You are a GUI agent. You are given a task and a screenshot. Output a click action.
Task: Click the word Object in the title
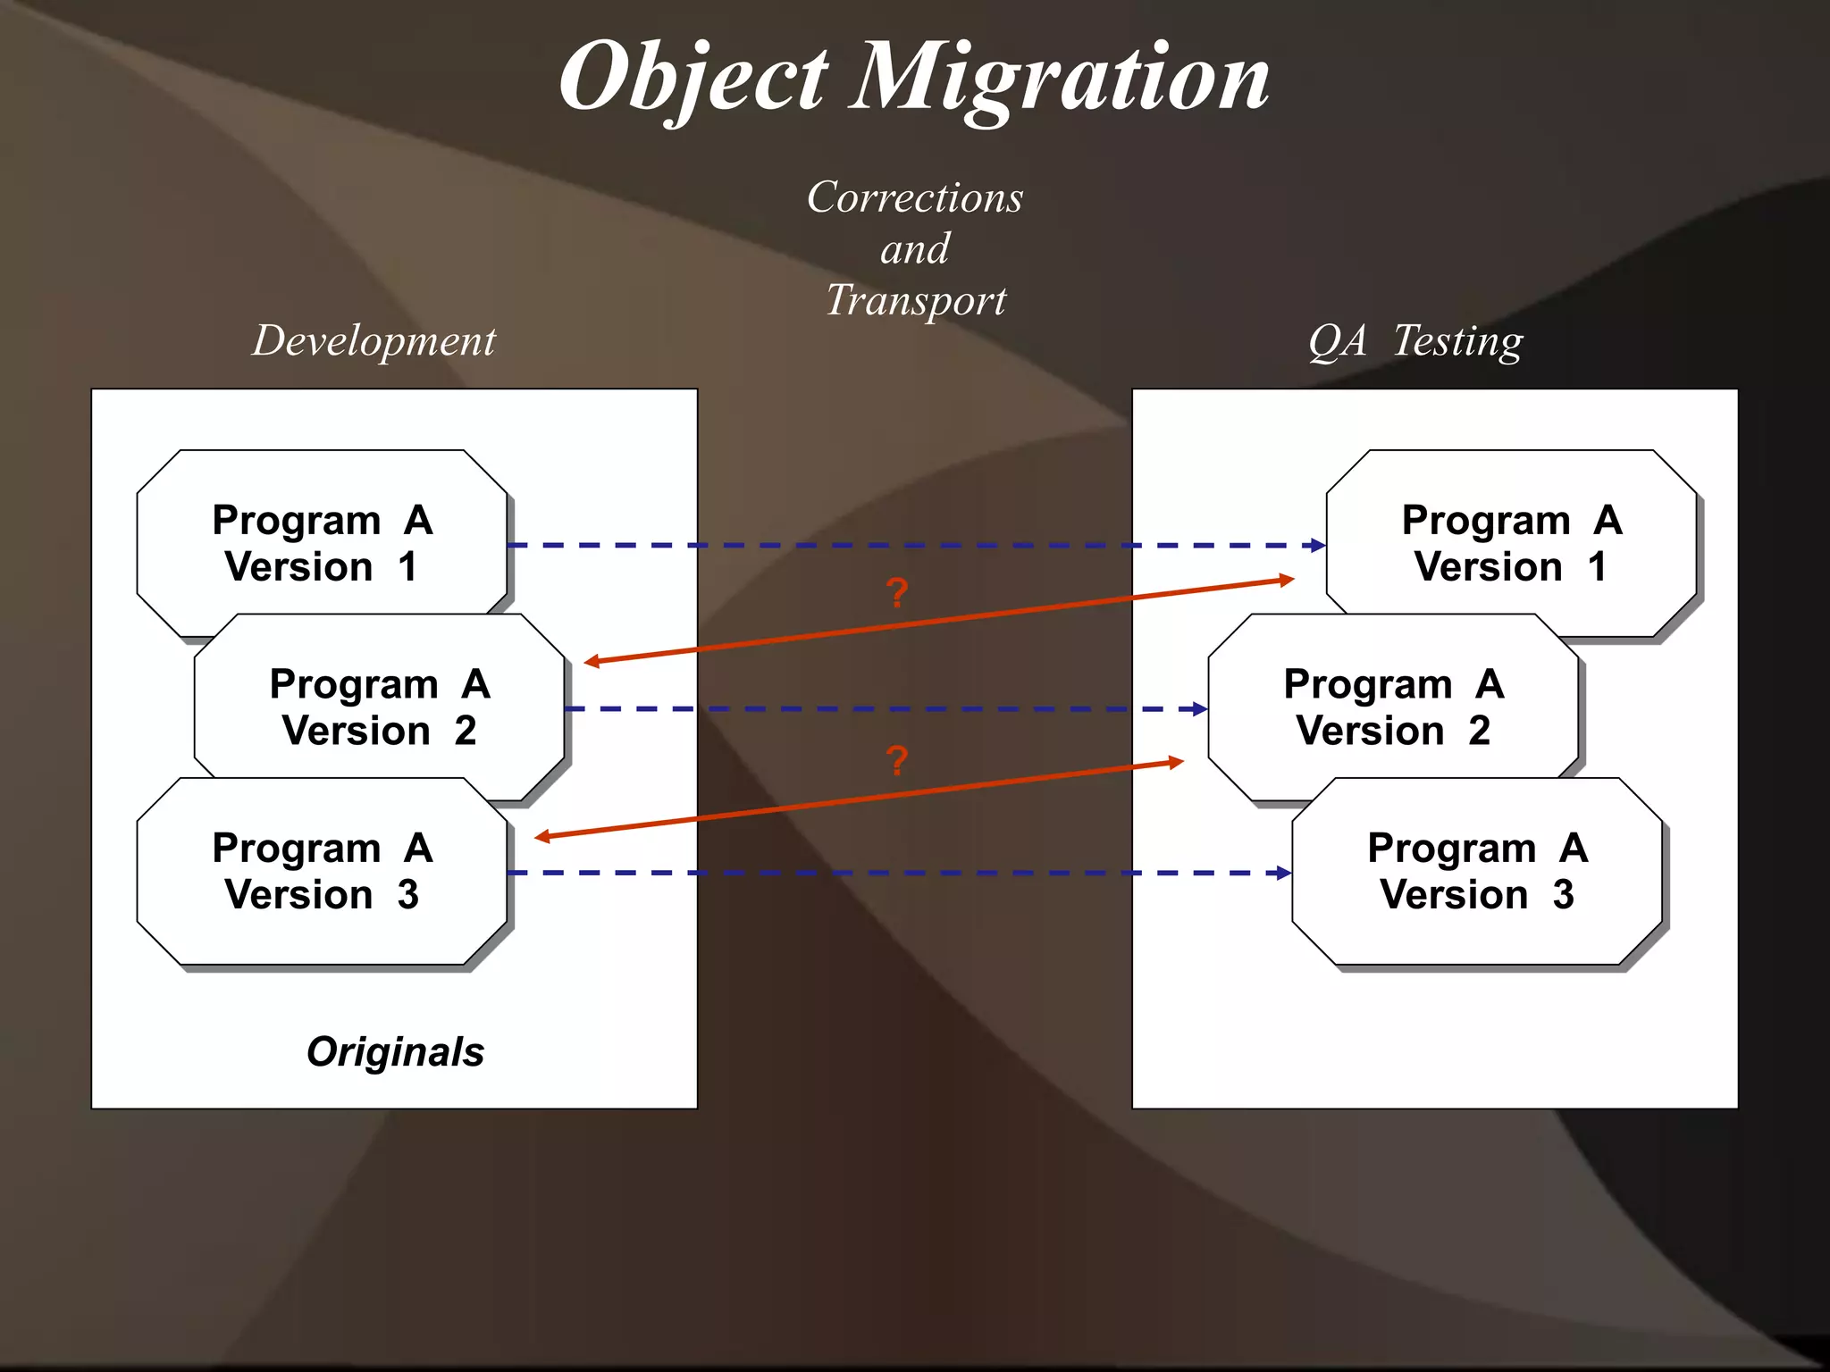(x=694, y=79)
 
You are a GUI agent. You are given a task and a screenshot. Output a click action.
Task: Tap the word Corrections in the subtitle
(x=915, y=197)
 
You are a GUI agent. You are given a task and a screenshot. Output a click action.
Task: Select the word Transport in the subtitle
(x=915, y=300)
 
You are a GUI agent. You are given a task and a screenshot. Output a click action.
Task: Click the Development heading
(x=374, y=341)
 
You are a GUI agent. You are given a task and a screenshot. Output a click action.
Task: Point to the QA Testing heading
(x=1415, y=341)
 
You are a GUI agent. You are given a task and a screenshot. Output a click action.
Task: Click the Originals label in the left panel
(x=395, y=1051)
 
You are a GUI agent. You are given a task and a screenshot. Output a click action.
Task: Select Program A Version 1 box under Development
(x=322, y=542)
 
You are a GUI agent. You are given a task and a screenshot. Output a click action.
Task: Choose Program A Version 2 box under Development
(x=379, y=707)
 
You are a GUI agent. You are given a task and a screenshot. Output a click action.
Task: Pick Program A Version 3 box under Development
(x=322, y=871)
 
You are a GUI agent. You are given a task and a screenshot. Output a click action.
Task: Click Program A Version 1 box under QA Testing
(x=1512, y=542)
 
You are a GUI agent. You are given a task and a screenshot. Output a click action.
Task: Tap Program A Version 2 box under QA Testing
(x=1393, y=707)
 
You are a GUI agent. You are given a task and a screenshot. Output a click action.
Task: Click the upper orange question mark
(x=897, y=593)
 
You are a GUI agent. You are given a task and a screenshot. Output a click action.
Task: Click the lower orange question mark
(x=897, y=760)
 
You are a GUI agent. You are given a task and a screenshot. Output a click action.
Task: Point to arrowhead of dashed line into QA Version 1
(x=1318, y=545)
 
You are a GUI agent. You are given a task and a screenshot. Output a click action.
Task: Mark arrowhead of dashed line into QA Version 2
(x=1200, y=709)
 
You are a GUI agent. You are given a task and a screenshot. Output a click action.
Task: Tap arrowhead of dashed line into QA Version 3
(x=1284, y=873)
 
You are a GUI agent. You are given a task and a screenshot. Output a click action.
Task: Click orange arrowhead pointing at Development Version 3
(x=541, y=837)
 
